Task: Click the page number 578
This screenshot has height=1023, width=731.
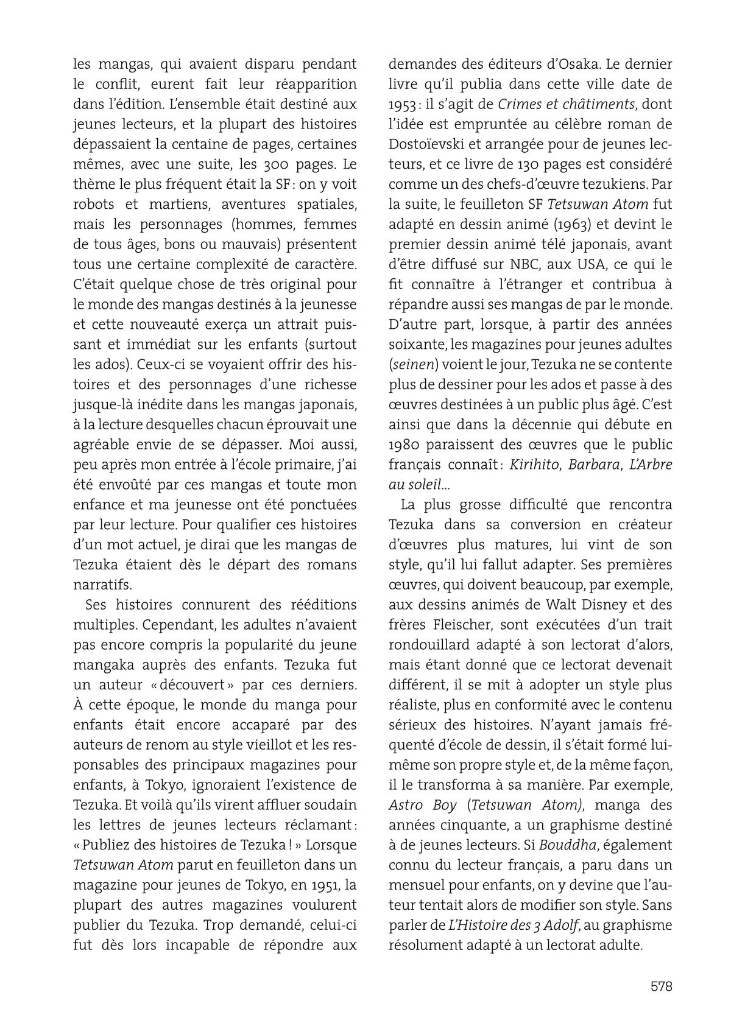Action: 661,986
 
